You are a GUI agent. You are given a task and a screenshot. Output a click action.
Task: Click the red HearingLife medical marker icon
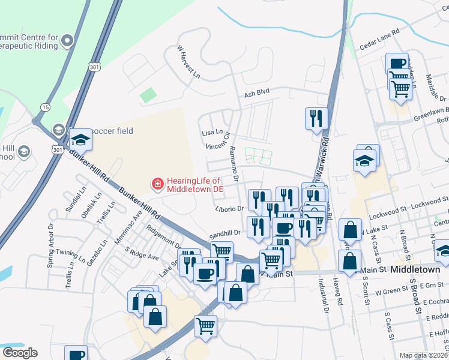click(x=157, y=183)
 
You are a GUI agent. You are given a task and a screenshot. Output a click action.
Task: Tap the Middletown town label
click(x=415, y=270)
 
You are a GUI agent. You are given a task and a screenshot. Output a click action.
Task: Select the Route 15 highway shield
click(x=46, y=107)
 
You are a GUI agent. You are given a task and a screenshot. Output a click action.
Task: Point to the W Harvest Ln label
click(x=188, y=62)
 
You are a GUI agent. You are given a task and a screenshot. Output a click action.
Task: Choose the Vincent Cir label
click(x=218, y=146)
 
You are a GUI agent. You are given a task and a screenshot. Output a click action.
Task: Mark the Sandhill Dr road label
click(x=224, y=233)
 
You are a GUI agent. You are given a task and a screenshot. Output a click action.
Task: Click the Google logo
click(x=20, y=353)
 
